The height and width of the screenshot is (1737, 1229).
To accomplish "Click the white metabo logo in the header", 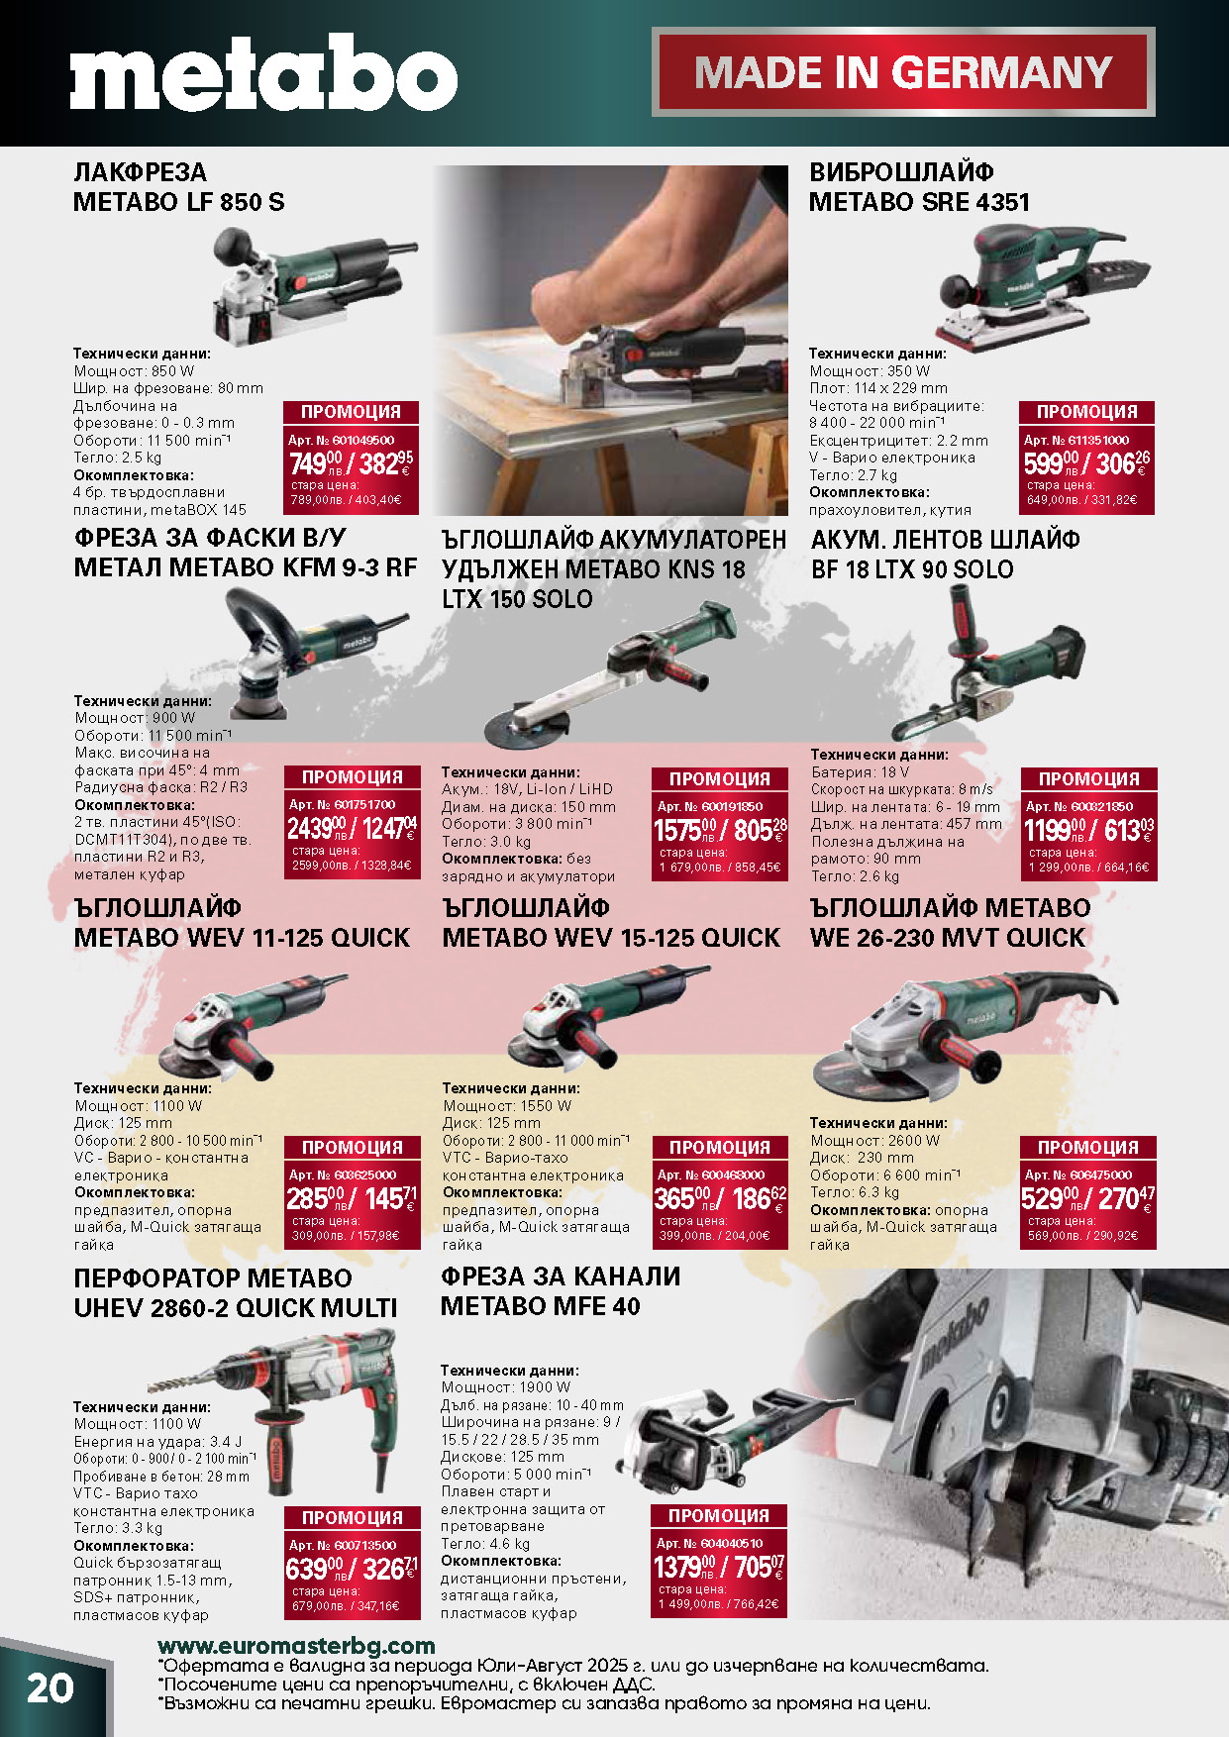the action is click(263, 71).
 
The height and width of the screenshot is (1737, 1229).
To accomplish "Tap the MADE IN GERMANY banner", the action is click(903, 72).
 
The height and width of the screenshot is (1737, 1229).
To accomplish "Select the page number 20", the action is click(50, 1687).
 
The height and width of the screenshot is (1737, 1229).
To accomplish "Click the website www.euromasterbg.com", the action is click(296, 1645).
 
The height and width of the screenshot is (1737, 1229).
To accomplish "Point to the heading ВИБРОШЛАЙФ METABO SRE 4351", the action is click(919, 187).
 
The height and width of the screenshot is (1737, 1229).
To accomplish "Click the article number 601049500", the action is click(342, 440).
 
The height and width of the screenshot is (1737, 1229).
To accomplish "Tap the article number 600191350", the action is click(710, 806).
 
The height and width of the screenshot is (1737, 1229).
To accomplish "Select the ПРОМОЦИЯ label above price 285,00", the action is click(352, 1147).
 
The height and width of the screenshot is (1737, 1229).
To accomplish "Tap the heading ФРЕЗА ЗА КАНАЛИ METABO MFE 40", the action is click(561, 1291).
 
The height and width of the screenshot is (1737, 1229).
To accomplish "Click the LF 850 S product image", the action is click(308, 285).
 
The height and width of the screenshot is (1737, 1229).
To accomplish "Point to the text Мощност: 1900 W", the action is click(506, 1387).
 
